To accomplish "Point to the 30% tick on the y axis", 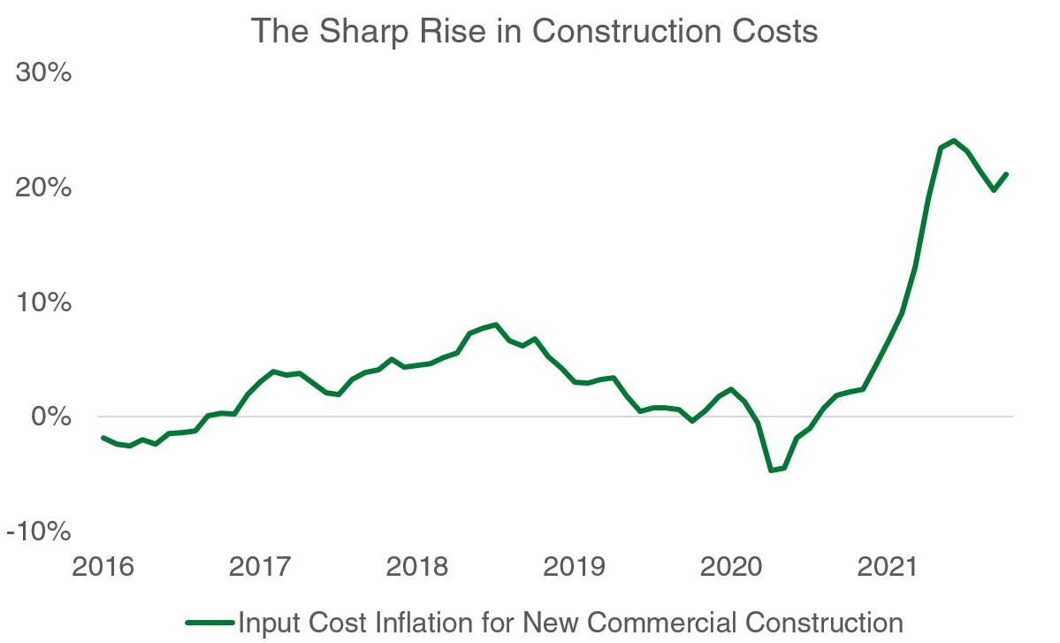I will click(x=43, y=73).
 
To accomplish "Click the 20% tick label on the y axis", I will click(x=43, y=188).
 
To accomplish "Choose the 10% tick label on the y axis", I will click(x=43, y=302).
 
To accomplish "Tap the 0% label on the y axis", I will click(x=50, y=417).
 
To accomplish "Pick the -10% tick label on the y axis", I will click(x=39, y=531).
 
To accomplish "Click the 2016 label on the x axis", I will click(x=103, y=566).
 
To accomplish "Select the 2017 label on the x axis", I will click(x=262, y=566).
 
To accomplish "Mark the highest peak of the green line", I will click(x=954, y=141).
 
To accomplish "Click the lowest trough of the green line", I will click(x=771, y=470).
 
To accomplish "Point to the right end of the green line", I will click(x=1007, y=174).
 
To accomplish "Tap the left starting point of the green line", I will click(x=103, y=438).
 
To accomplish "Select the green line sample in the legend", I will click(x=210, y=621).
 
